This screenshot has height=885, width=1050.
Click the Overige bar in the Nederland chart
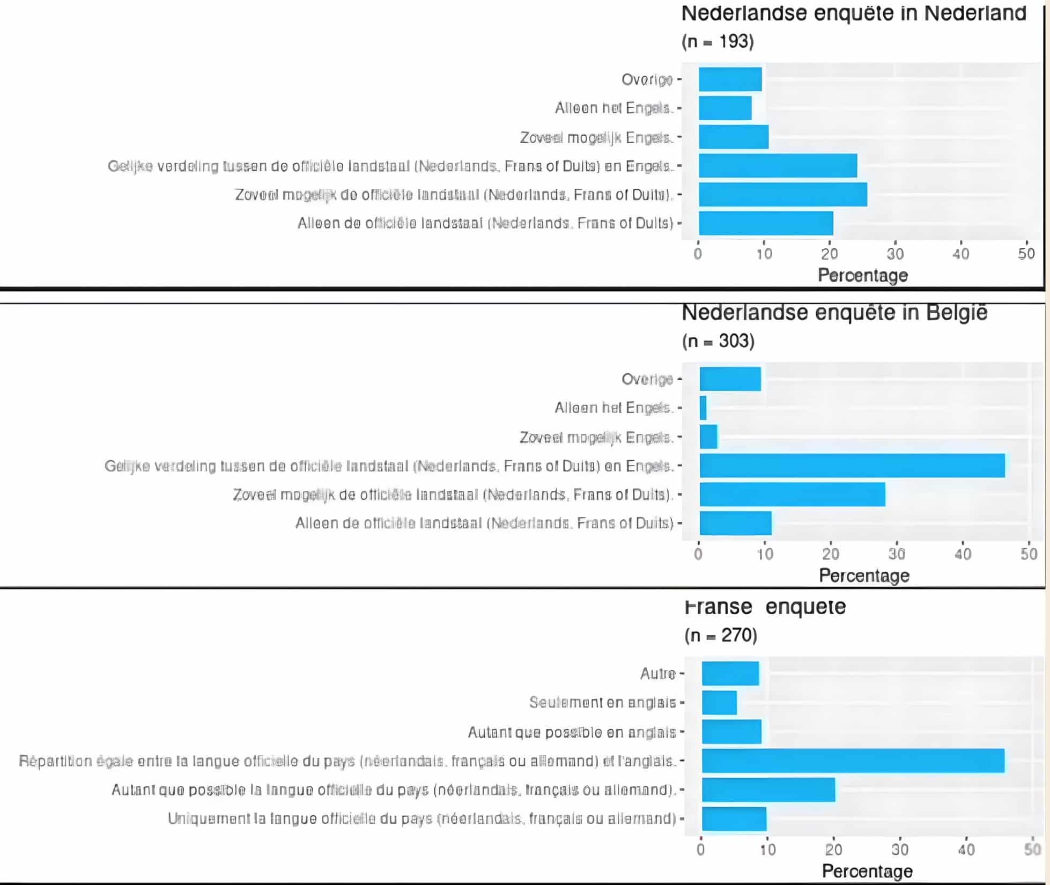pyautogui.click(x=730, y=79)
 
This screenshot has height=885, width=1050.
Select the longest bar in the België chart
pyautogui.click(x=852, y=466)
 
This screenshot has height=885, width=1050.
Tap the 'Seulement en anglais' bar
pyautogui.click(x=719, y=703)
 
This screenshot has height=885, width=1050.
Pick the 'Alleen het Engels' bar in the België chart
pyautogui.click(x=703, y=408)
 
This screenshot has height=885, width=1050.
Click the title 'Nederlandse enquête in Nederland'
pyautogui.click(x=854, y=13)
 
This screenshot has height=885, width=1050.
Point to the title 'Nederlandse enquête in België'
pyautogui.click(x=834, y=313)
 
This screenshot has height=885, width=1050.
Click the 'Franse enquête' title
pyautogui.click(x=765, y=607)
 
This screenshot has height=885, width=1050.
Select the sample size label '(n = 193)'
pyautogui.click(x=718, y=41)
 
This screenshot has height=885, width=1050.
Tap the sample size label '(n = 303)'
pyautogui.click(x=718, y=341)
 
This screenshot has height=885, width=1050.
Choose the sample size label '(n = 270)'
pyautogui.click(x=721, y=636)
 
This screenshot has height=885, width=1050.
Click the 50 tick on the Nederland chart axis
pyautogui.click(x=1026, y=254)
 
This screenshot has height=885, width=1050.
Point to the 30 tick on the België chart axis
pyautogui.click(x=897, y=554)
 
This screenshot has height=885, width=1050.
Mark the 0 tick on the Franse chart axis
pyautogui.click(x=701, y=850)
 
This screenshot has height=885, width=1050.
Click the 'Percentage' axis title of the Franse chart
pyautogui.click(x=867, y=872)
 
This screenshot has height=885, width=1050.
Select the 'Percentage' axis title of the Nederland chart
pyautogui.click(x=863, y=276)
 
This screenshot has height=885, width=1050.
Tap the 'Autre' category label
pyautogui.click(x=657, y=674)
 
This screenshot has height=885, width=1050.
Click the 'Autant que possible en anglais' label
pyautogui.click(x=572, y=732)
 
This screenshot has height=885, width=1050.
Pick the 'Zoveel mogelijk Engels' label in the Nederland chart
pyautogui.click(x=596, y=138)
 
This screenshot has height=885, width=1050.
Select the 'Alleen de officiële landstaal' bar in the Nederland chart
pyautogui.click(x=766, y=223)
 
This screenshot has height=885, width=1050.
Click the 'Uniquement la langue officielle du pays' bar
pyautogui.click(x=734, y=819)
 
